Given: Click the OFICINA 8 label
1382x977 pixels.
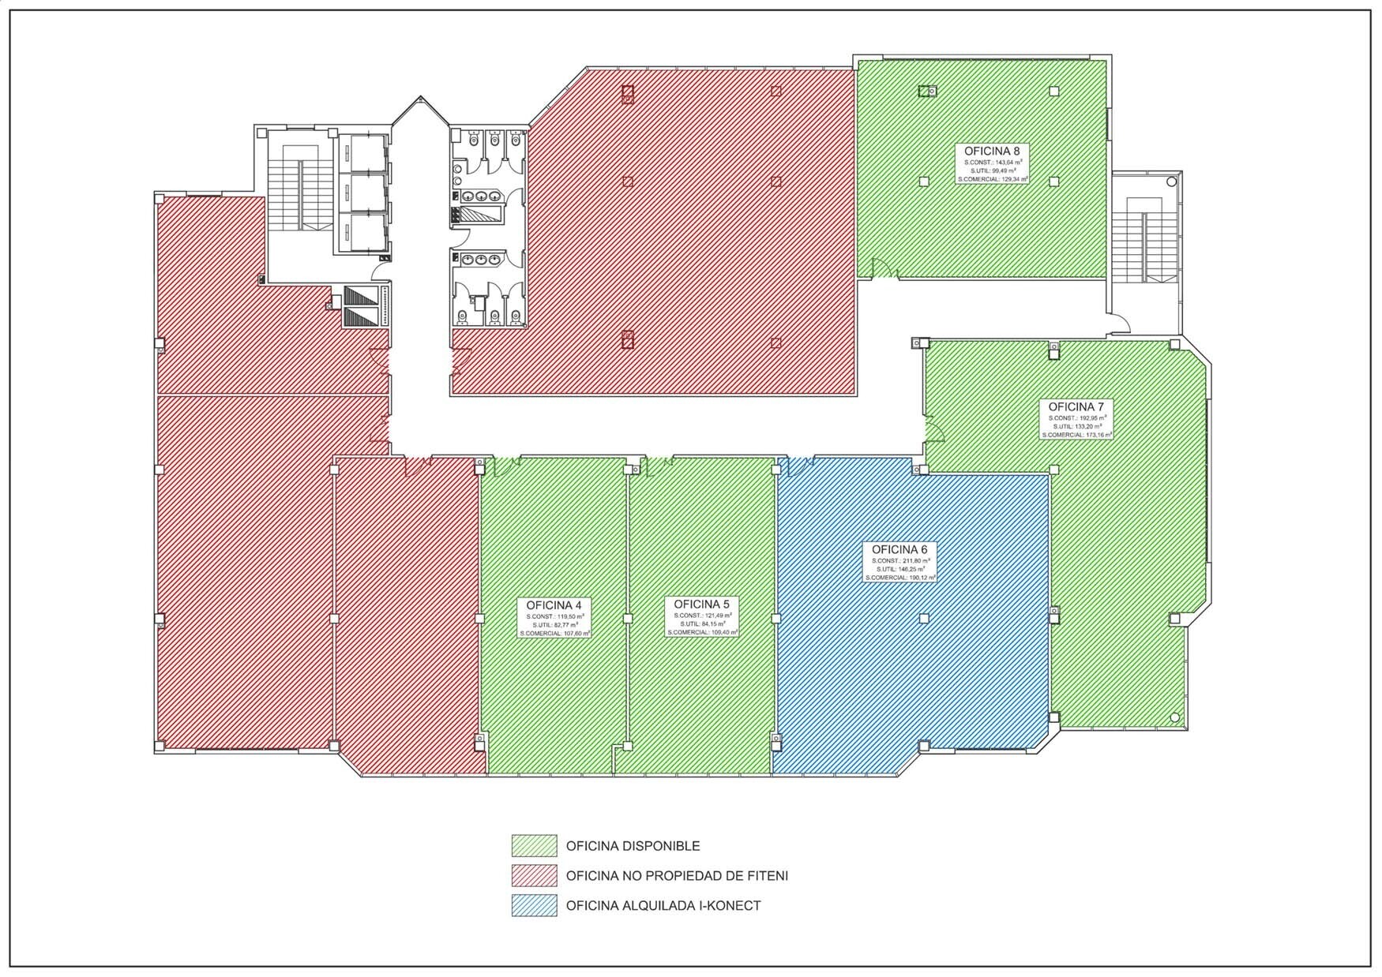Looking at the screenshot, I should (992, 150).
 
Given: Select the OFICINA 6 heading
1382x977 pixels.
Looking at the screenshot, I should (899, 549).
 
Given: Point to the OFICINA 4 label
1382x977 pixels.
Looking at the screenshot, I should (554, 605).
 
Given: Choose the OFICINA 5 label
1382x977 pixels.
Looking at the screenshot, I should (701, 604).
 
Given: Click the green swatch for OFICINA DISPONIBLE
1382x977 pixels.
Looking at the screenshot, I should (534, 846).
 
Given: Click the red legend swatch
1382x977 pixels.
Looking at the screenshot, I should (534, 876).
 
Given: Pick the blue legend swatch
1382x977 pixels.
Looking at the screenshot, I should (534, 906).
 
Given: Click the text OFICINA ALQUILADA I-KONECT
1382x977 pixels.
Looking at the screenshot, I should (663, 906).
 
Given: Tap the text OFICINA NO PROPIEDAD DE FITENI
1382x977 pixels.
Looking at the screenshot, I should (677, 876).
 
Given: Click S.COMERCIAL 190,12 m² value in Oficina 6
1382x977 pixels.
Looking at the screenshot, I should (899, 578).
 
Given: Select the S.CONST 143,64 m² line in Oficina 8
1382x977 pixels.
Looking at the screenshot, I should (992, 162).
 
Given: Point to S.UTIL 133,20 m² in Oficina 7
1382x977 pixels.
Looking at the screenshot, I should (1076, 426).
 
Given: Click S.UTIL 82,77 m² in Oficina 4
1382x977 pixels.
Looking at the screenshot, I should (554, 624).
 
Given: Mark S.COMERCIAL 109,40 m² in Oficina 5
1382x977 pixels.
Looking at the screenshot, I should (701, 632).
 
